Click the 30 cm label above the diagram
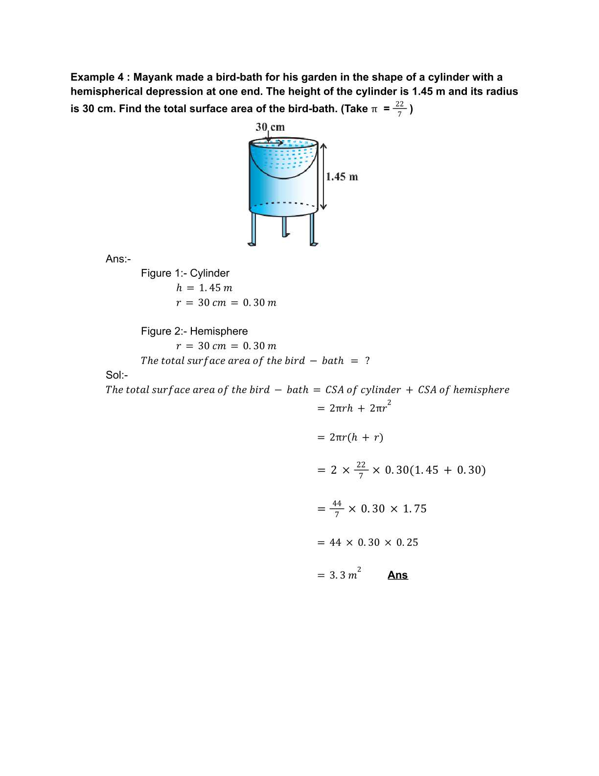click(x=270, y=127)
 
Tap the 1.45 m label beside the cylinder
click(x=342, y=177)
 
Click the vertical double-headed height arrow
click(x=323, y=176)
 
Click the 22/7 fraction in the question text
click(x=399, y=109)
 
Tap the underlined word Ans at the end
click(x=397, y=575)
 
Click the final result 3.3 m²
click(x=345, y=574)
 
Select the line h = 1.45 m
click(x=204, y=288)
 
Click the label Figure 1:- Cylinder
click(x=185, y=273)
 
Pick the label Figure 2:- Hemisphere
click(x=194, y=331)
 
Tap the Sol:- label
click(x=116, y=375)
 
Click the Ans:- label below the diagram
click(x=118, y=259)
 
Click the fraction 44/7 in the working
click(x=337, y=509)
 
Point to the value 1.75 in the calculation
click(x=415, y=509)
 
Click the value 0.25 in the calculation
click(x=407, y=543)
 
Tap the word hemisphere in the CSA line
click(x=481, y=390)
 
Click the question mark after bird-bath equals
click(x=367, y=361)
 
